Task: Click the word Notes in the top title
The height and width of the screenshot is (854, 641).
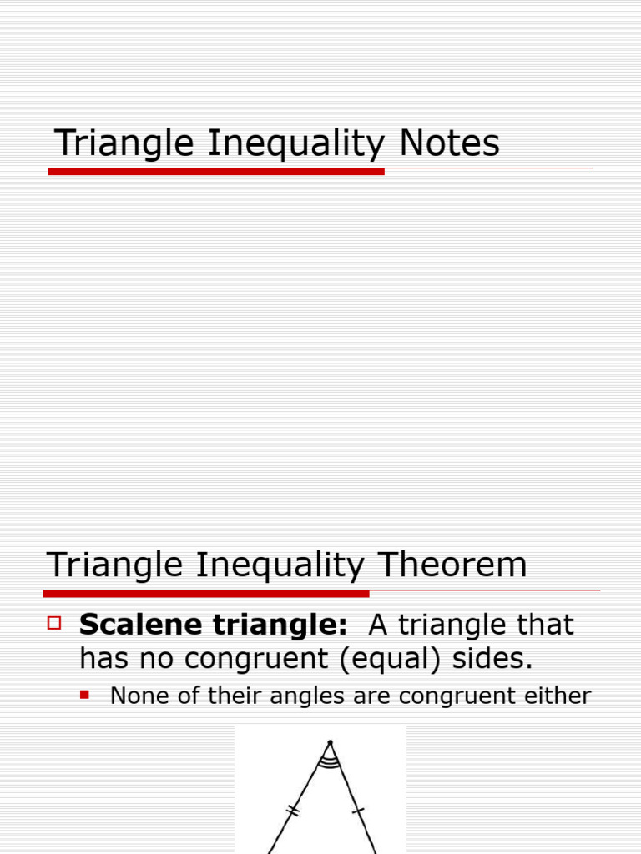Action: point(449,143)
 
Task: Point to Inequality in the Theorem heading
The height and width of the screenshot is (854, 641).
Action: point(280,566)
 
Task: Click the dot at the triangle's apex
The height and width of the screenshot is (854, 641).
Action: point(330,741)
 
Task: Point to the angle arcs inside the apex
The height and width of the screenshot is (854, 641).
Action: point(330,760)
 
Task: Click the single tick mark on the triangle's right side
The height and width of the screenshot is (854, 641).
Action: point(358,810)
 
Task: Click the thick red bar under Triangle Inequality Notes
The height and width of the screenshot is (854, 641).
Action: point(216,171)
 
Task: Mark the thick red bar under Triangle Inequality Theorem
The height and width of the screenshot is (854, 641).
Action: point(206,594)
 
